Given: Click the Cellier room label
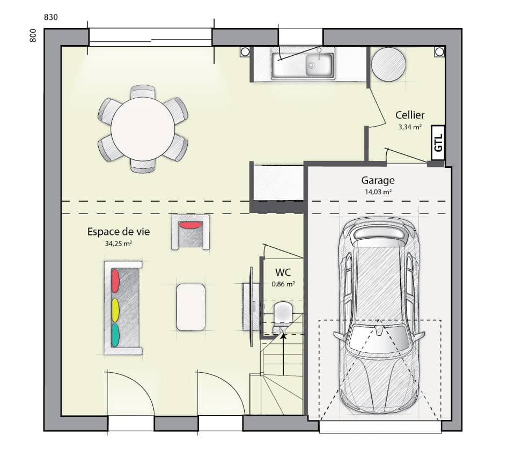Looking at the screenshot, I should click(410, 115).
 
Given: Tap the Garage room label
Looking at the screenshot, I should click(378, 181).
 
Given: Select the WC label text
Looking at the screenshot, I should click(283, 272).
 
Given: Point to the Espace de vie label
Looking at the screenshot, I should click(119, 232).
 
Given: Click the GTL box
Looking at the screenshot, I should click(438, 143).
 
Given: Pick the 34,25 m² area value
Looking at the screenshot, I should click(119, 244).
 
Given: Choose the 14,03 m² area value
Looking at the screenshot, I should click(378, 191).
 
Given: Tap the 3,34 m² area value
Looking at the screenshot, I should click(410, 127).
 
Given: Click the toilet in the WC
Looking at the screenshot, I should click(282, 313).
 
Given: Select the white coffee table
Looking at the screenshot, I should click(190, 307).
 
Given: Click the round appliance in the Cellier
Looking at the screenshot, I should click(388, 64).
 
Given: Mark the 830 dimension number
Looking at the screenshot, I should click(50, 17).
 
